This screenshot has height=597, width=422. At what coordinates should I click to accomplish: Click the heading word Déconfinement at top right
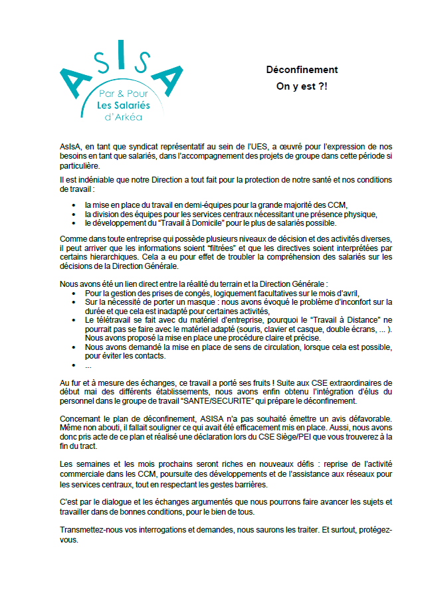pos(302,70)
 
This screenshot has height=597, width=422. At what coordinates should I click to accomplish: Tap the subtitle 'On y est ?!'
pos(302,86)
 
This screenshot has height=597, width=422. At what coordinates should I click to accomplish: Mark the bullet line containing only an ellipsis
pos(88,365)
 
